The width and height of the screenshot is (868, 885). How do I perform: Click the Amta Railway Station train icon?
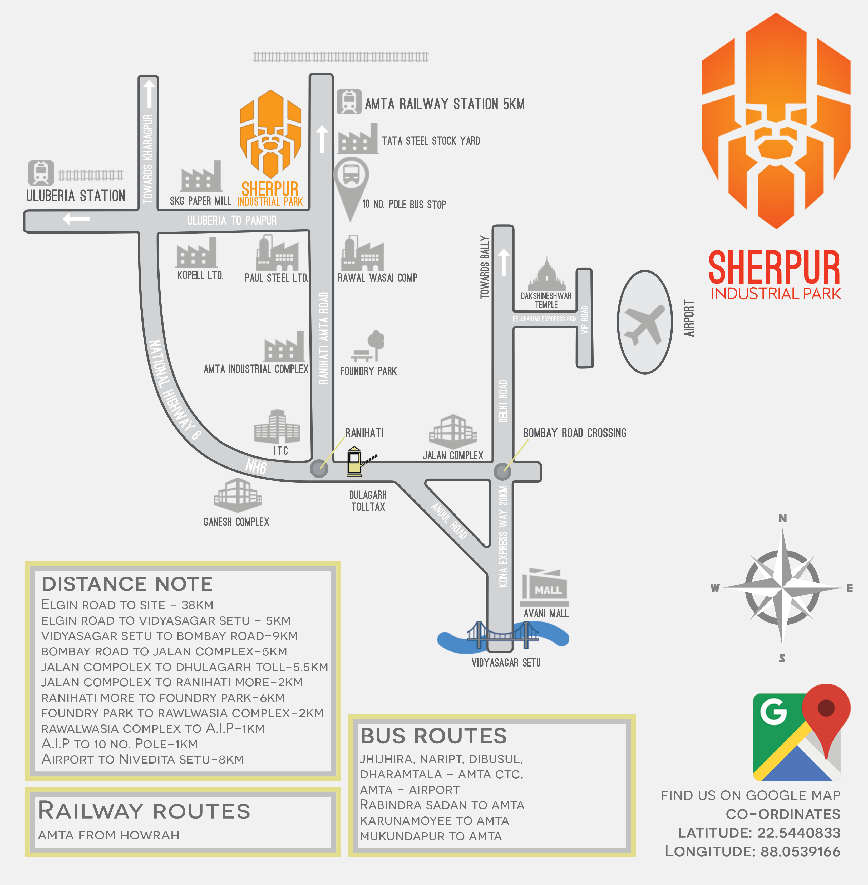click(349, 102)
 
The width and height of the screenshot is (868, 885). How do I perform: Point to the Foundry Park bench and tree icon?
click(368, 347)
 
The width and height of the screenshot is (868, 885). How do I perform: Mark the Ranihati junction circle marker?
click(319, 469)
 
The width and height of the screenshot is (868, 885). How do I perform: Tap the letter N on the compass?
click(783, 518)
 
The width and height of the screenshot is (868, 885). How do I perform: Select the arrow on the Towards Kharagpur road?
click(149, 94)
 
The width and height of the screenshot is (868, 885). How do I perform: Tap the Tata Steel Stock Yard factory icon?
click(358, 140)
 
